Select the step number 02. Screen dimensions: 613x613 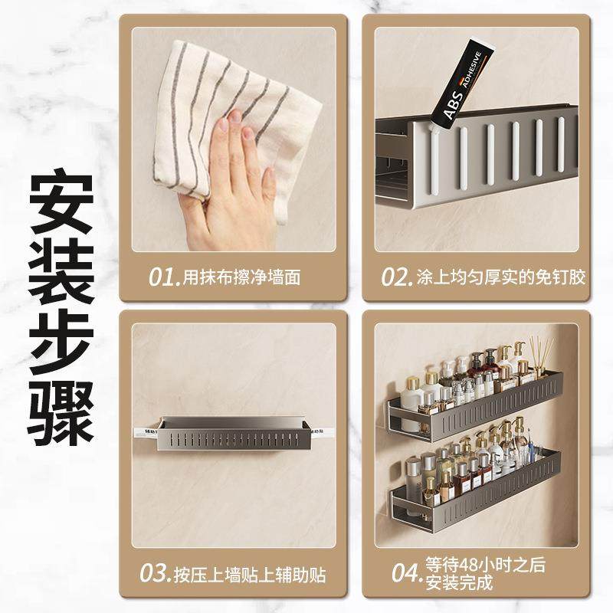point(397,277)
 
